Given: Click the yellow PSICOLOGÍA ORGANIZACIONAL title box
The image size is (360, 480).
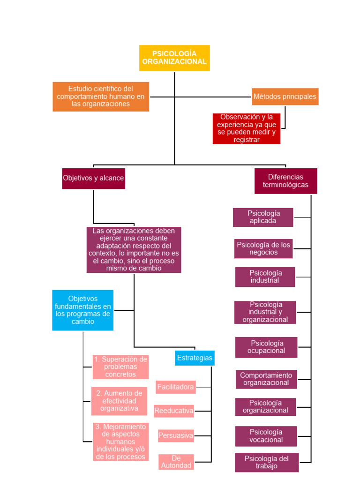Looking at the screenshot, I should tap(174, 58).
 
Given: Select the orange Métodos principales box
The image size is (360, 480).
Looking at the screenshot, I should tap(285, 97).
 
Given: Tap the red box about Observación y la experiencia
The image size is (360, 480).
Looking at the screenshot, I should tap(246, 128).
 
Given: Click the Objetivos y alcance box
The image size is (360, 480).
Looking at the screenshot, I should tap(93, 178).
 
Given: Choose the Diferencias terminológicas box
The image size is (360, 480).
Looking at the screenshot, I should tap(285, 181).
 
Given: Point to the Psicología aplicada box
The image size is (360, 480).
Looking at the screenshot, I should tap(263, 217).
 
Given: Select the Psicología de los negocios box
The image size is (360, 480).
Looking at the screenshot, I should tap(263, 248).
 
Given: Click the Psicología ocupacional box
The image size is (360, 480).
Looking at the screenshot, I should tap(266, 347).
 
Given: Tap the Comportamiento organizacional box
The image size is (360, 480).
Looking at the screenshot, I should tap(266, 379).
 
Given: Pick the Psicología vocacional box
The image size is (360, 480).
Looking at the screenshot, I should tap(266, 436).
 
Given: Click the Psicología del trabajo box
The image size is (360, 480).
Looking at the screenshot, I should tap(267, 462).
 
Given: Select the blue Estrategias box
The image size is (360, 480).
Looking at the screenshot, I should tap(195, 358).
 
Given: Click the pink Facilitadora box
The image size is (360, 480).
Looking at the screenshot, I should tap(175, 387).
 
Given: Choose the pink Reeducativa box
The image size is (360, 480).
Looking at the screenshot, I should tap(174, 411).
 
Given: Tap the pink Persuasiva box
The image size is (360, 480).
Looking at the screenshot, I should tap(176, 435).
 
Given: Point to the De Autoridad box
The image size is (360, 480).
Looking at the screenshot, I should tap(176, 462).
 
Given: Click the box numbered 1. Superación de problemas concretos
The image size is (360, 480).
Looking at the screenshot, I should tap(120, 367).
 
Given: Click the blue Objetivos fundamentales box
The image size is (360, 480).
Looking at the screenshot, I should tap(82, 310).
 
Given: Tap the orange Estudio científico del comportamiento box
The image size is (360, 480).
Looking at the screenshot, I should tap(101, 97).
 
